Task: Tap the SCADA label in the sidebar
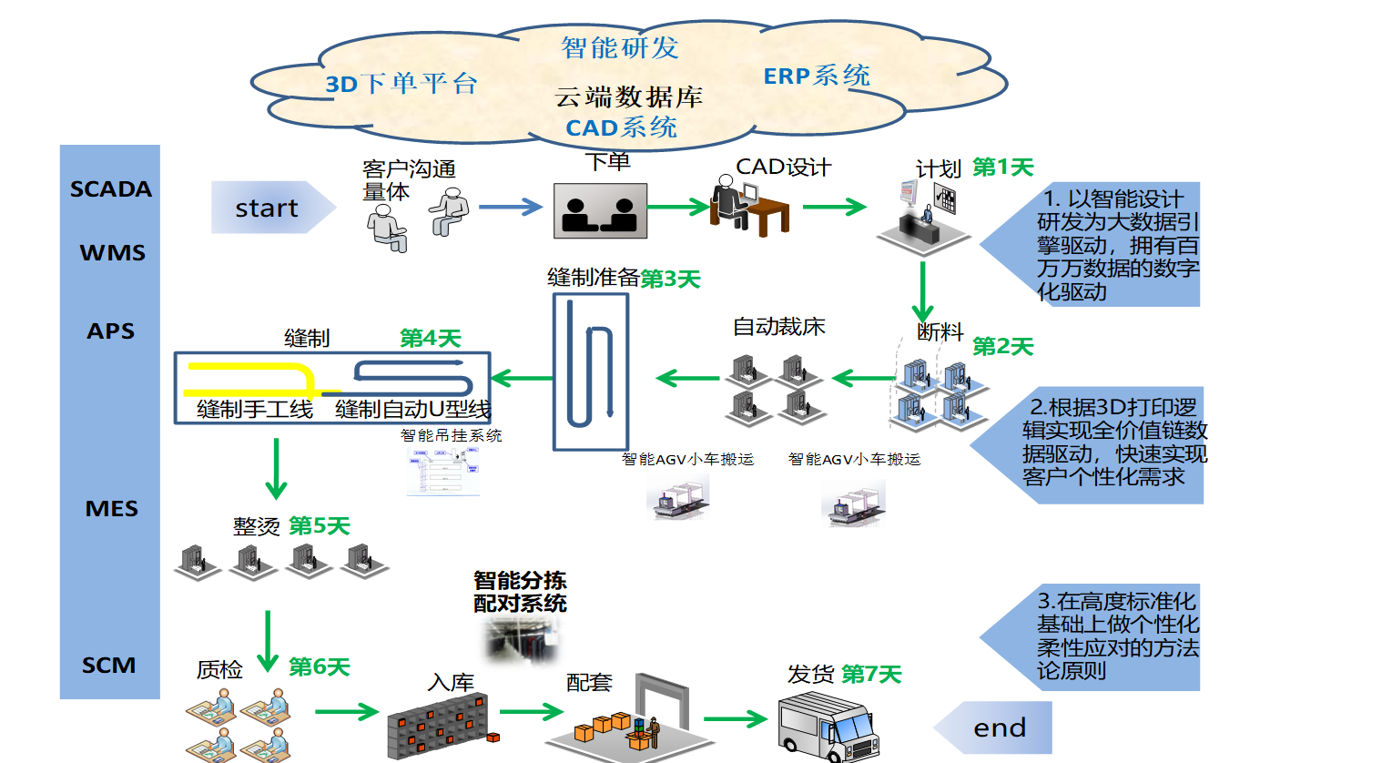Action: [111, 189]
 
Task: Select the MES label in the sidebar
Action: [111, 508]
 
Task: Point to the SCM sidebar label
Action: [109, 666]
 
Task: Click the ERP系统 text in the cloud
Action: [817, 76]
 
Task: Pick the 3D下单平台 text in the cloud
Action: [401, 85]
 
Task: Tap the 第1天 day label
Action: [1003, 168]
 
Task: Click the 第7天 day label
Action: [871, 674]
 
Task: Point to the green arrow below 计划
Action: [922, 290]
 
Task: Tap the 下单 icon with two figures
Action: [600, 211]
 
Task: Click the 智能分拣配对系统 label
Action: [520, 592]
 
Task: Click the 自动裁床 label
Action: [779, 327]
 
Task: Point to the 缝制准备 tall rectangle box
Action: [591, 372]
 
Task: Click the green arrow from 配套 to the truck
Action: [736, 718]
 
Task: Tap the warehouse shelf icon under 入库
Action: [438, 727]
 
